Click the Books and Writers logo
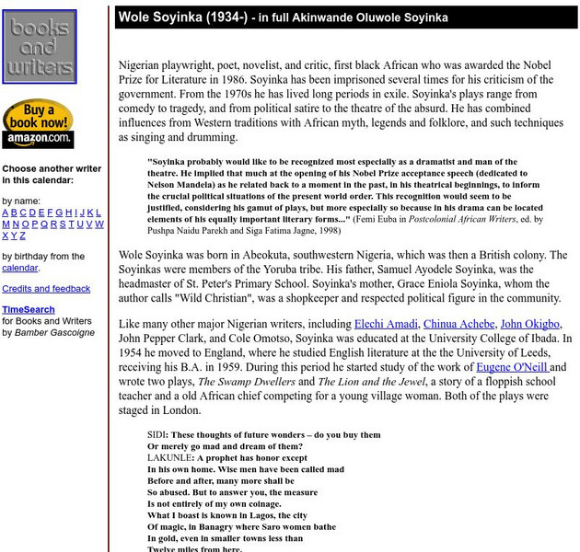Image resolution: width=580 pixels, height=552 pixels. pos(40,47)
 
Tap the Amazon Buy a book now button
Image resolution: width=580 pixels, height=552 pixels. pos(38,124)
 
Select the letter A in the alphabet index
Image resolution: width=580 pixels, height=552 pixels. pos(6,212)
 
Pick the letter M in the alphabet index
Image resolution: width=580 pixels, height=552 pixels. pos(6,224)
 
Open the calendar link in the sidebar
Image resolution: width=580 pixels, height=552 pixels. pos(19,268)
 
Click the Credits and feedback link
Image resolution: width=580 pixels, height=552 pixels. pos(46,289)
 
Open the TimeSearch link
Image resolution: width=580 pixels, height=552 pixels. pos(29,310)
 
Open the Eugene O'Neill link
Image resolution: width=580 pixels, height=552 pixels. pos(513,366)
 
